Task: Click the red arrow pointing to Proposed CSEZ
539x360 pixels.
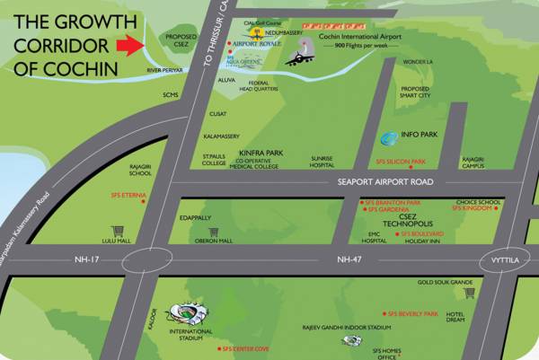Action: pos(130,45)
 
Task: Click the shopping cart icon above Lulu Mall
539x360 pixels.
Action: pos(117,231)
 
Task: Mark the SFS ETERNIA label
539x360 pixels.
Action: pos(128,195)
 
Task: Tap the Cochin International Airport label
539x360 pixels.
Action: pos(356,35)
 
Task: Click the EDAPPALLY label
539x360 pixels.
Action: pos(195,217)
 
